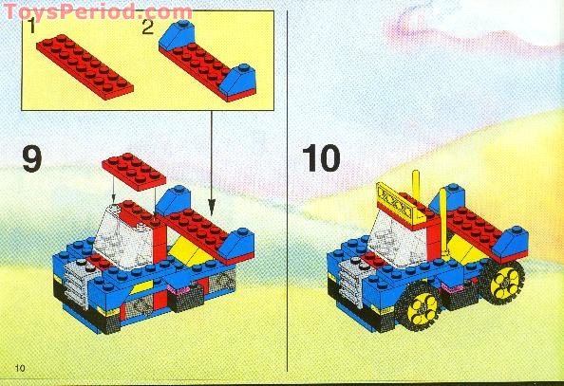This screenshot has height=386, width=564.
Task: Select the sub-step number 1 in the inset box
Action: coord(32,28)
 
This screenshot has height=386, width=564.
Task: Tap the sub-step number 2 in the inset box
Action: coord(147,28)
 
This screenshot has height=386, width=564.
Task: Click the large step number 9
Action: coord(31,157)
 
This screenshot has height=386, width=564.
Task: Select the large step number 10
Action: coord(322,157)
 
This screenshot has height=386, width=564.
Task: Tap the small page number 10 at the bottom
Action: coord(20,366)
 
